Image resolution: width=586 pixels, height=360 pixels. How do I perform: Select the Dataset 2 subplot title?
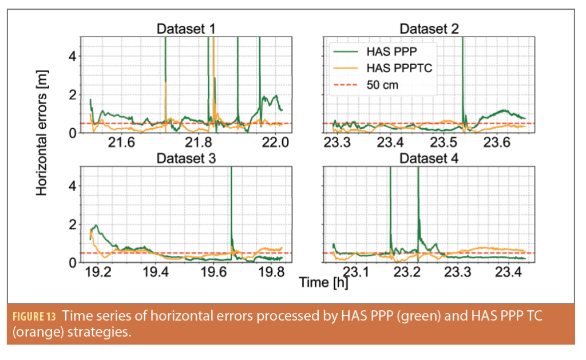(x=429, y=29)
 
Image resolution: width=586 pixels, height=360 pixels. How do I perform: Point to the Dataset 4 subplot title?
(x=429, y=158)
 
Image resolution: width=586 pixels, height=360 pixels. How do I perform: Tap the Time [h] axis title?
(x=322, y=282)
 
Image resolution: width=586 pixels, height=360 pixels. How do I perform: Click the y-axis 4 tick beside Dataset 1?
(x=73, y=56)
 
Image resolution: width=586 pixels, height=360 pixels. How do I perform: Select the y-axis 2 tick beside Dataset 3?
(x=73, y=224)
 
